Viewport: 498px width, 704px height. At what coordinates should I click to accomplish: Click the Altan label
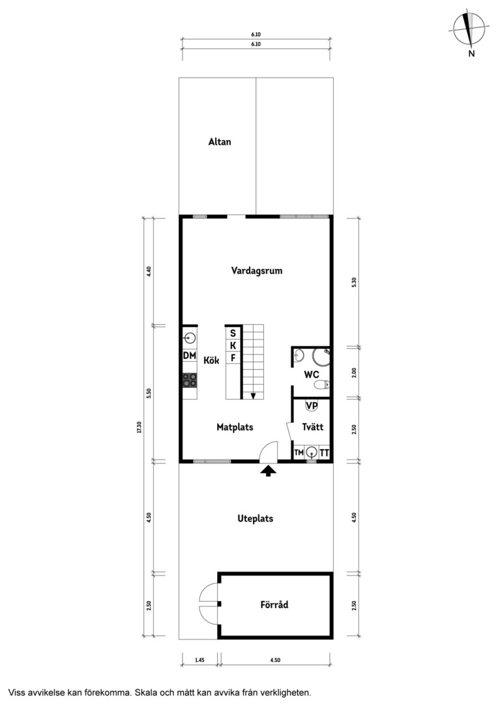(x=220, y=142)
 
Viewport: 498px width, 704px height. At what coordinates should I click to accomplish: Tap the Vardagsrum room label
(x=257, y=271)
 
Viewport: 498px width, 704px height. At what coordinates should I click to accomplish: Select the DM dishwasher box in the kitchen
(x=190, y=356)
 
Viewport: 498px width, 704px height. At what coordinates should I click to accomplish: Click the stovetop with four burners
(x=190, y=380)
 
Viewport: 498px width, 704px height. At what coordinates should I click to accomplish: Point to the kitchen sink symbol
(x=190, y=338)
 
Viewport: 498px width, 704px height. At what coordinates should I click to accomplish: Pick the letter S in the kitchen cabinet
(x=233, y=334)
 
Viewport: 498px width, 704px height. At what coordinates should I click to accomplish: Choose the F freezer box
(x=233, y=358)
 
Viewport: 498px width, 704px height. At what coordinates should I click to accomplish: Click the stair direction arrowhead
(x=254, y=396)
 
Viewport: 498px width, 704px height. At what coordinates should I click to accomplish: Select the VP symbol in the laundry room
(x=312, y=405)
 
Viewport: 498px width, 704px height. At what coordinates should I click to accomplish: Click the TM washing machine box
(x=299, y=452)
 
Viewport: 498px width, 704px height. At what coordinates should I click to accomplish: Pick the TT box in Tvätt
(x=324, y=452)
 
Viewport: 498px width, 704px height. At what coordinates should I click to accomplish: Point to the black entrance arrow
(x=269, y=471)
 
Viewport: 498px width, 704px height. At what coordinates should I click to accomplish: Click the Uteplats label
(x=255, y=519)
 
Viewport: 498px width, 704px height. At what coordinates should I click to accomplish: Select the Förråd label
(x=274, y=605)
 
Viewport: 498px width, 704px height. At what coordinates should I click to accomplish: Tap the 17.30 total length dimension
(x=139, y=427)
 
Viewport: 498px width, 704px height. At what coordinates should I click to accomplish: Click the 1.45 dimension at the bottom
(x=200, y=660)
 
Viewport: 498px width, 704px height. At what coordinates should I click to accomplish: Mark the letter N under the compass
(x=471, y=53)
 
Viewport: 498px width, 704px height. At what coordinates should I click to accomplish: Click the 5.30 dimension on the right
(x=355, y=282)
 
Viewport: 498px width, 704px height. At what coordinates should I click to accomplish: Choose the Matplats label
(x=235, y=427)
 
